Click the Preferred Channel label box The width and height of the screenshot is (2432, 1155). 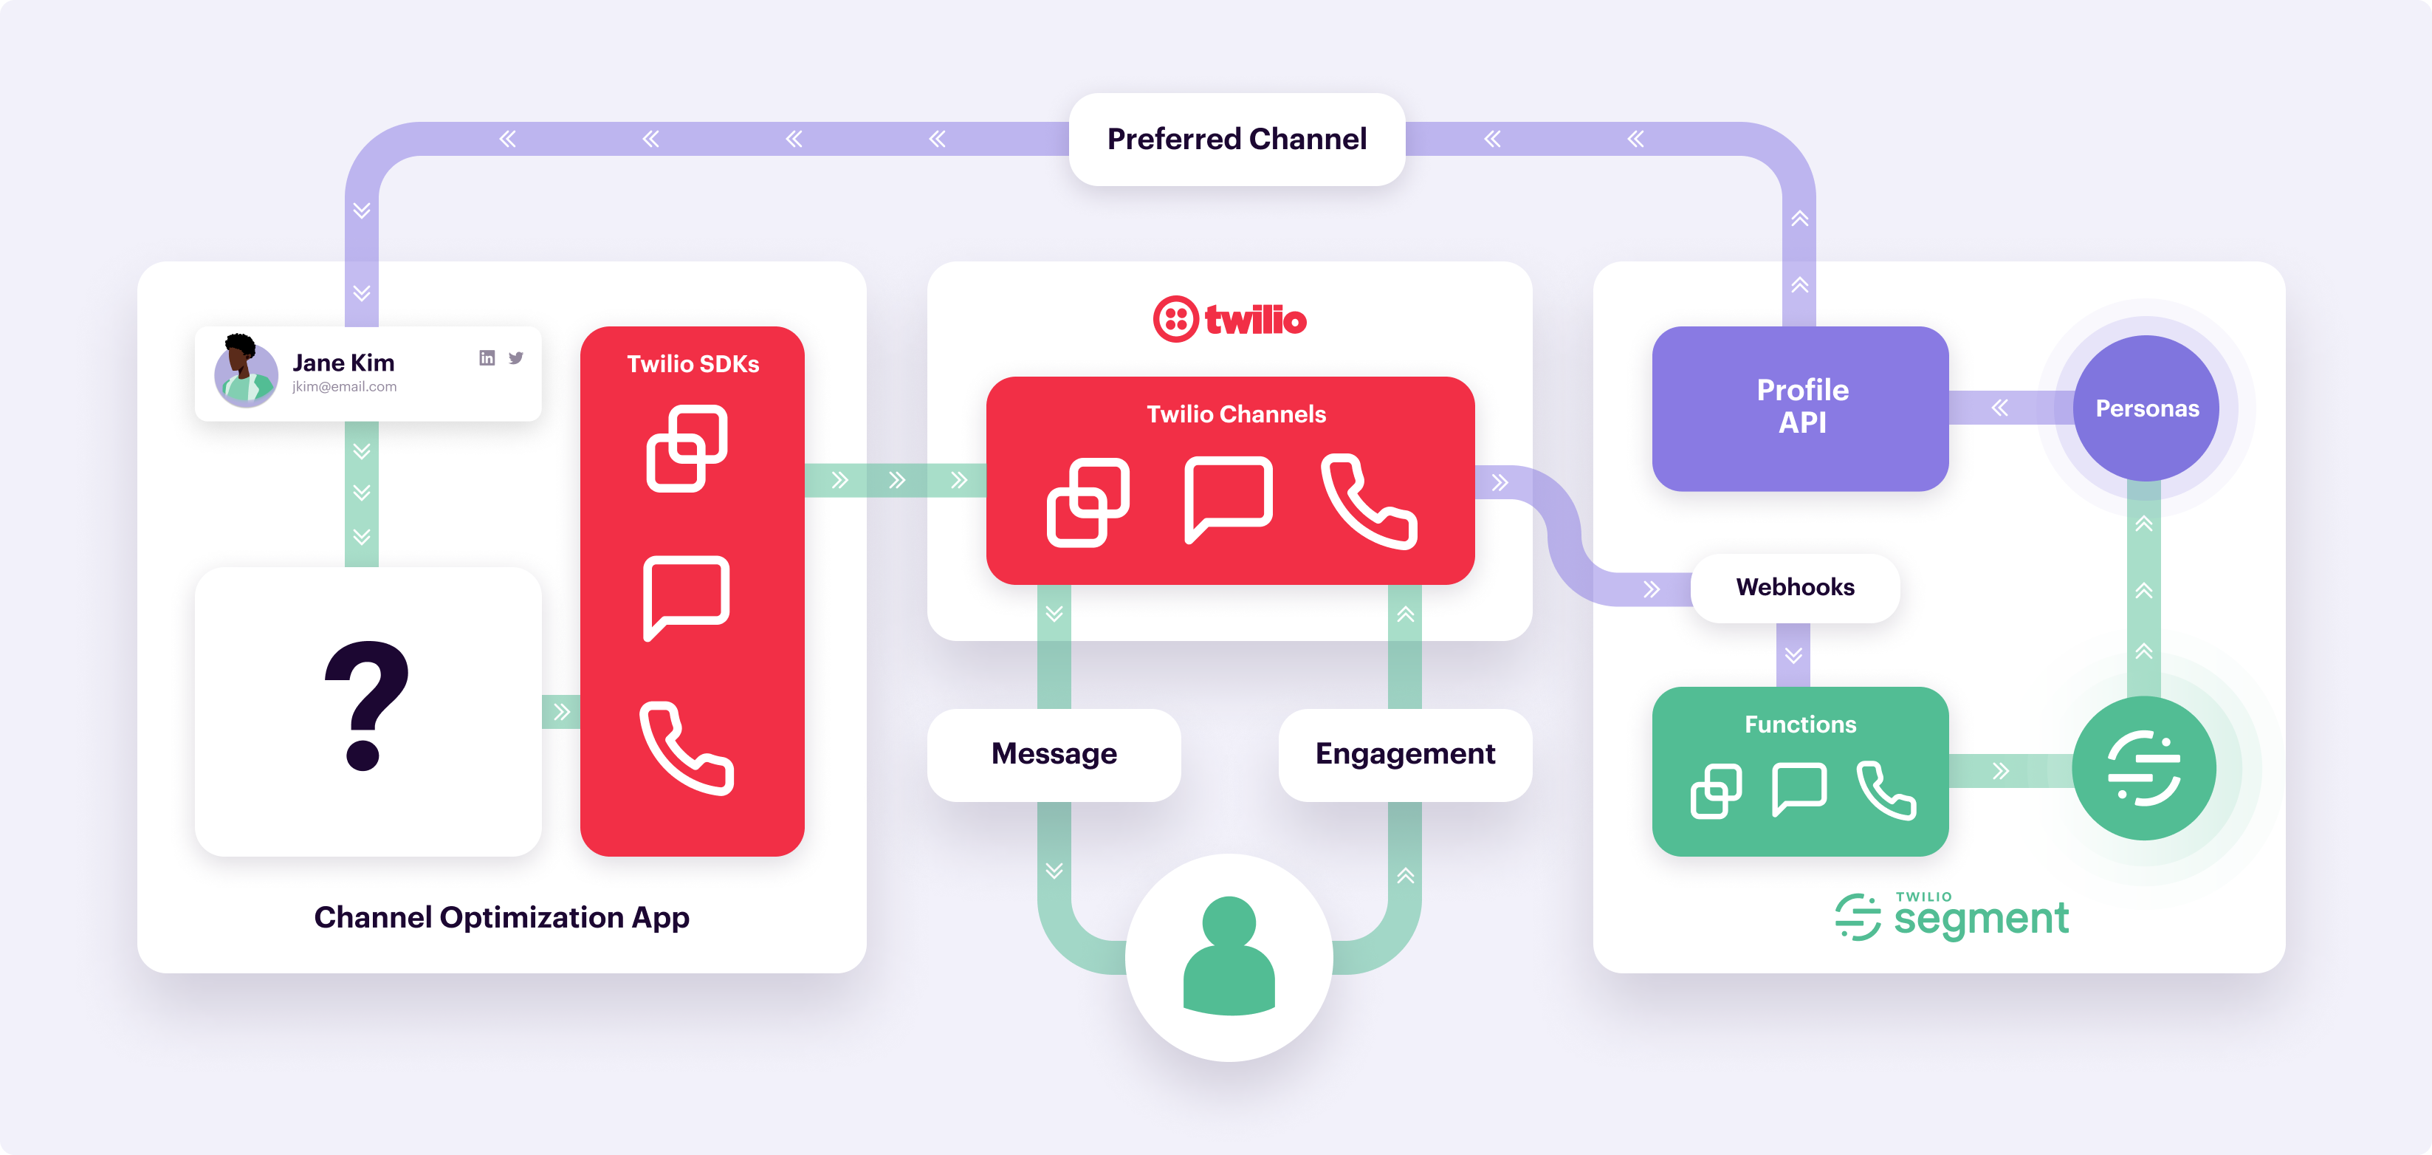coord(1236,140)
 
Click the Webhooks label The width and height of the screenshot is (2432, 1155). coord(1794,587)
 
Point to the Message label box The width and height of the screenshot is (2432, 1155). coord(1054,754)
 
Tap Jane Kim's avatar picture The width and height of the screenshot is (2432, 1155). coord(245,371)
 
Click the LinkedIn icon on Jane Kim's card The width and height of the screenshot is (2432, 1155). coord(487,358)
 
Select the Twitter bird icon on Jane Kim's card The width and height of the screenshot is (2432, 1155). coord(516,358)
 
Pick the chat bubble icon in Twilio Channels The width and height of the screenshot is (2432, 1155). coord(1227,498)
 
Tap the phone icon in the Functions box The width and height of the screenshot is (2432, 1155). coord(1886,789)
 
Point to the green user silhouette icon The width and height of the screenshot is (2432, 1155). coord(1229,956)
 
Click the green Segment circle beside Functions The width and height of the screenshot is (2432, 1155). coord(2143,769)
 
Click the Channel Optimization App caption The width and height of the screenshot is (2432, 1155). coord(501,917)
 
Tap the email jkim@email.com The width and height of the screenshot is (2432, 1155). coord(343,387)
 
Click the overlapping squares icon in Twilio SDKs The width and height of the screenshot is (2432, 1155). coord(687,448)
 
